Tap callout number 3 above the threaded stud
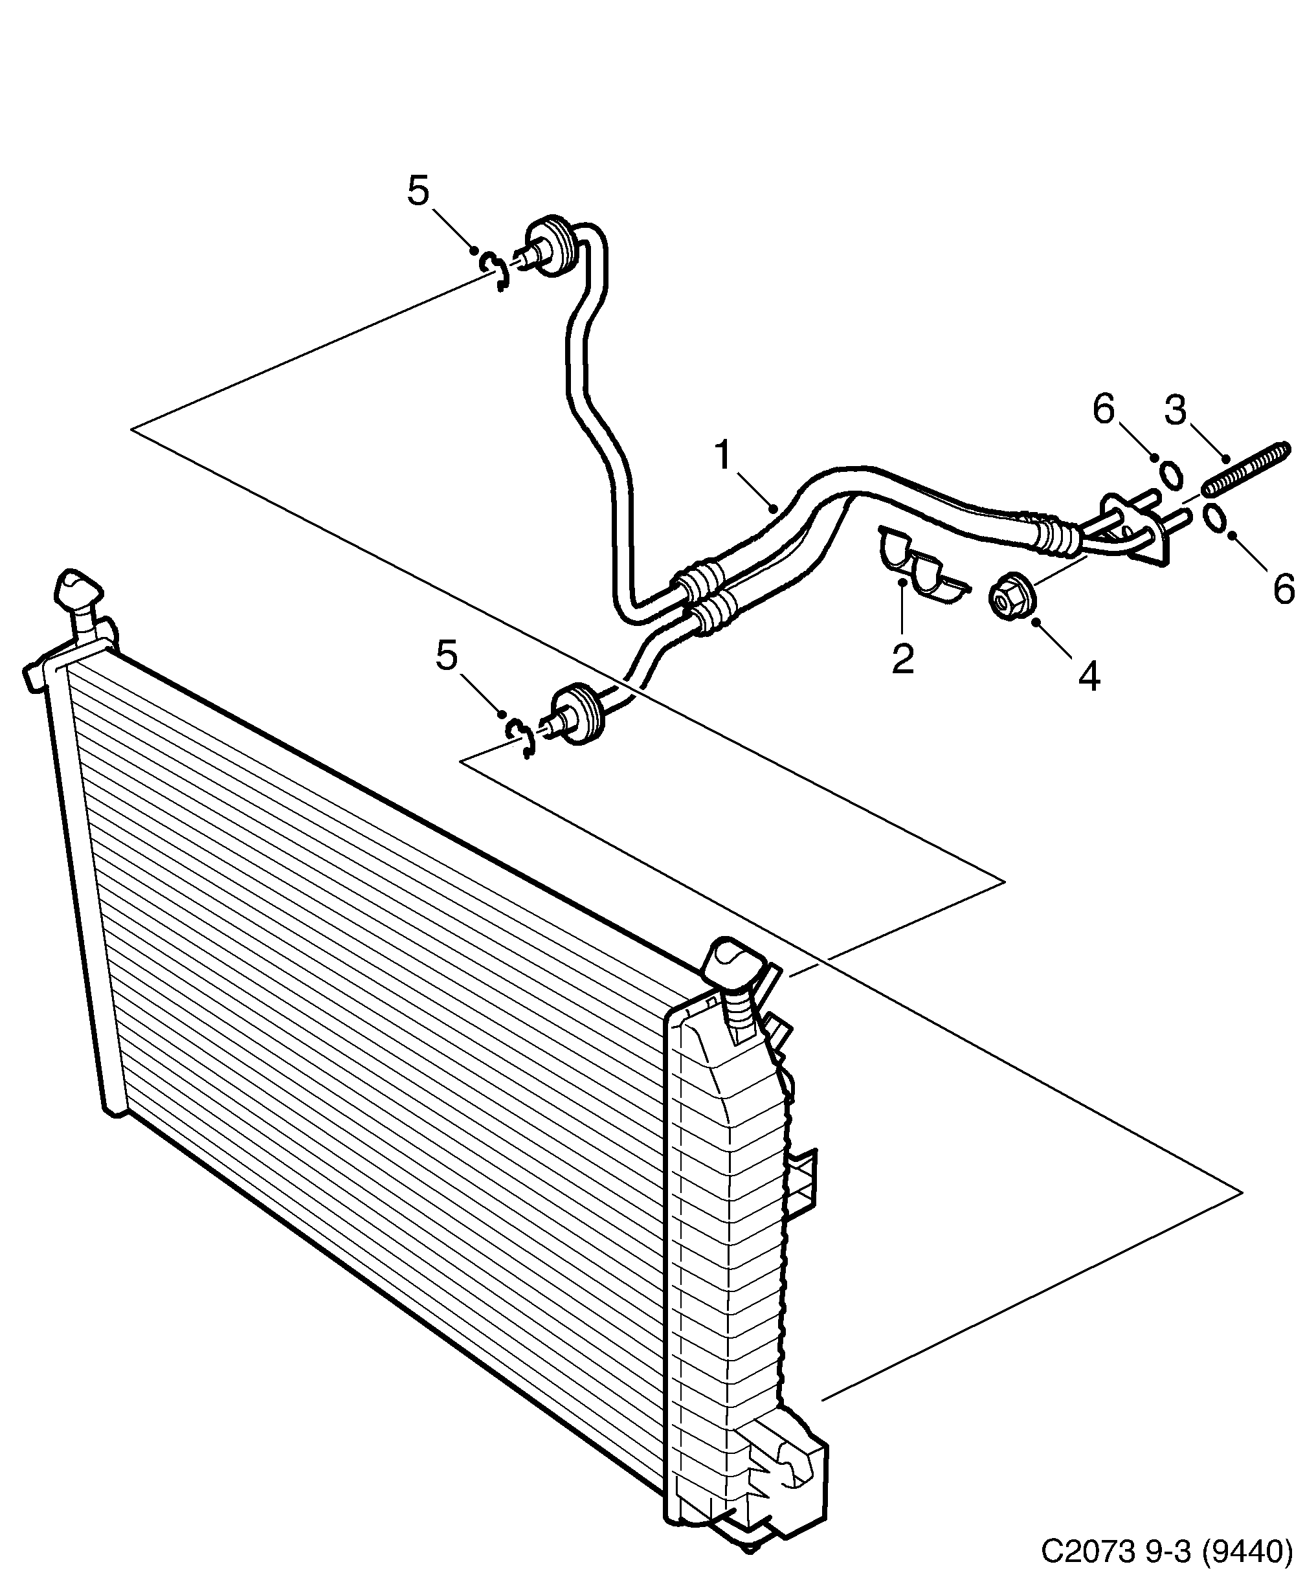click(x=1175, y=410)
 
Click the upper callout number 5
click(x=418, y=191)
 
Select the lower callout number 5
click(x=447, y=656)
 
